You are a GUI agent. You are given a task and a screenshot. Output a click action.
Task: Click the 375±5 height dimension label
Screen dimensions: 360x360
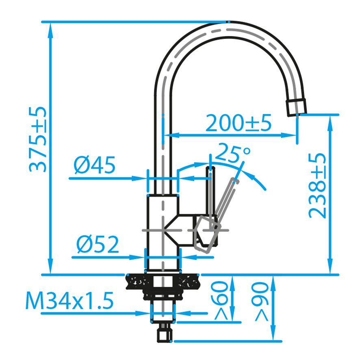(x=38, y=139)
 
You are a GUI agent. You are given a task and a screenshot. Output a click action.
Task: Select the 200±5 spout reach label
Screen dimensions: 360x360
(x=239, y=123)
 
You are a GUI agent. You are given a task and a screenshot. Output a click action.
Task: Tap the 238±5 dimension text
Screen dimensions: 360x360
(x=317, y=186)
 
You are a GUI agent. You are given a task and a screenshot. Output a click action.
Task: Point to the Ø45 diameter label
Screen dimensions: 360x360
(x=94, y=165)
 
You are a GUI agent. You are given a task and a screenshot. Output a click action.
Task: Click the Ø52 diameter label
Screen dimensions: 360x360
(x=98, y=244)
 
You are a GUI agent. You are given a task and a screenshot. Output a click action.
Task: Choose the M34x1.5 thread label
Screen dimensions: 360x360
(x=69, y=301)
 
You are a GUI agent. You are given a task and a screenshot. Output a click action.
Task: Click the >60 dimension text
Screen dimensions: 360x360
(x=221, y=300)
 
